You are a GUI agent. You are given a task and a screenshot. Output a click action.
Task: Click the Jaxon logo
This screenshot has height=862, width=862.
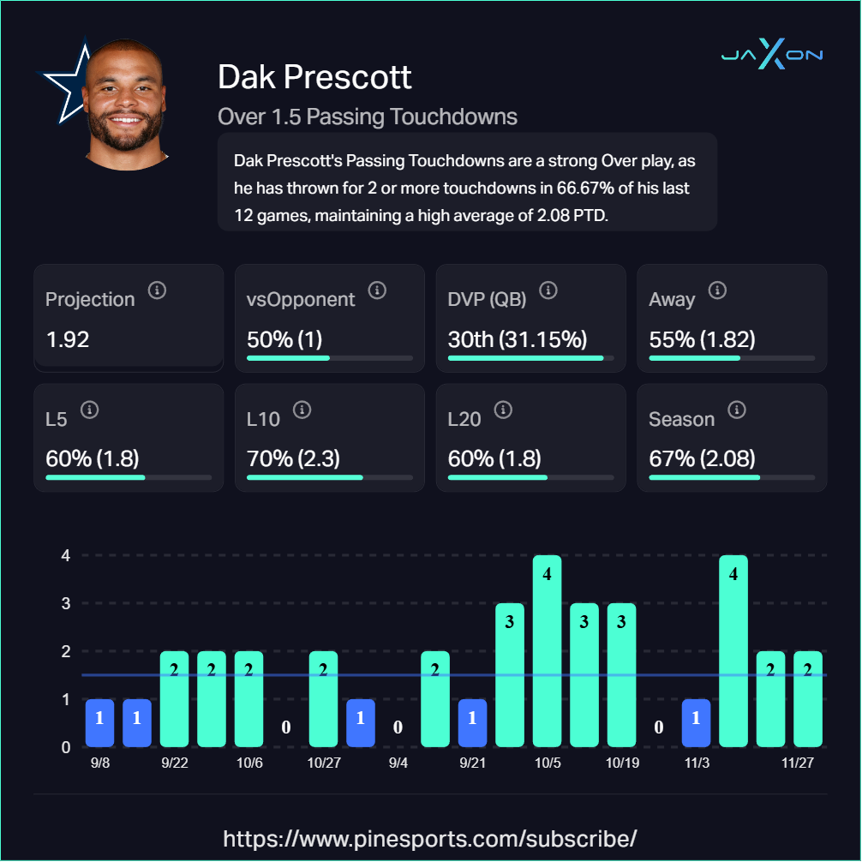pos(771,57)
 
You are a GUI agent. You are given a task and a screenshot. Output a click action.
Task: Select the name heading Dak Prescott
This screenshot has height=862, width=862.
pos(314,77)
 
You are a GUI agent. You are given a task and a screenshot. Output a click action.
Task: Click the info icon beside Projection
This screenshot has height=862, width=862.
pos(157,291)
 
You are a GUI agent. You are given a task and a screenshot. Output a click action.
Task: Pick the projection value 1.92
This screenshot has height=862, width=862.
pos(68,338)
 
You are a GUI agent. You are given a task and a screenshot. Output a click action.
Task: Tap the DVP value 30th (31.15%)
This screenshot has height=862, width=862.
pos(518,338)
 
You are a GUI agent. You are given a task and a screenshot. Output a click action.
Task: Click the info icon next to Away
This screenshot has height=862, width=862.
pos(717,291)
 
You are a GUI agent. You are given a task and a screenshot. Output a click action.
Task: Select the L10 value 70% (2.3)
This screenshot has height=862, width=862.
pos(293,458)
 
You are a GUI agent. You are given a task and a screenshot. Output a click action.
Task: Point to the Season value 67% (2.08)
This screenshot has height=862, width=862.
pos(702,458)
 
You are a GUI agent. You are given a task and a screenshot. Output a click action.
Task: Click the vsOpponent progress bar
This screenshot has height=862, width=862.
pos(330,357)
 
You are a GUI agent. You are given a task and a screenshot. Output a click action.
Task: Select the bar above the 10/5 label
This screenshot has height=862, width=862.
pos(547,651)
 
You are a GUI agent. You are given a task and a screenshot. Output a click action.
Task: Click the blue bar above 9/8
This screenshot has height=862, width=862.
pos(99,722)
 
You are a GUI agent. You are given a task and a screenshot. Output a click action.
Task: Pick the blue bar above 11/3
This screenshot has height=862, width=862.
pos(696,722)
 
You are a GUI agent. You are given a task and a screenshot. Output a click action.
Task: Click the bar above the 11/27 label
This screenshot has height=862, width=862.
pos(807,698)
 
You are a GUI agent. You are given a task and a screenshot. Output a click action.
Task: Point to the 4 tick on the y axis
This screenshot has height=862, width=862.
pos(65,555)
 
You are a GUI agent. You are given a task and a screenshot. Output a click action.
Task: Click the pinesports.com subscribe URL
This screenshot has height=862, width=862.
pos(430,837)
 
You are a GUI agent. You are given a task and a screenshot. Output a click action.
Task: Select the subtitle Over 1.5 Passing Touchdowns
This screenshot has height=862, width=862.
pos(368,117)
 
